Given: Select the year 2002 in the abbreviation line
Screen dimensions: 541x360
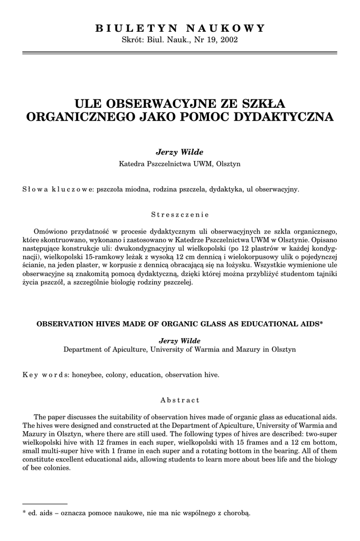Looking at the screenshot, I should click(x=230, y=40).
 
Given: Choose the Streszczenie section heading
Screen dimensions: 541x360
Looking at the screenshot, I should click(x=179, y=214).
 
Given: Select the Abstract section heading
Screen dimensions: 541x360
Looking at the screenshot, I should click(x=180, y=400).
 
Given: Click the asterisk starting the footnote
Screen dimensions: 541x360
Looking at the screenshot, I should click(x=24, y=512).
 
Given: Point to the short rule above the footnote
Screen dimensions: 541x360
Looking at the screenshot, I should click(x=45, y=504).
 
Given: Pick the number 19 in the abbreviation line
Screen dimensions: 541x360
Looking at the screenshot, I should click(x=209, y=40).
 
